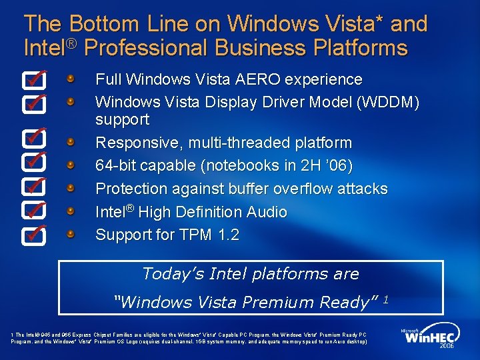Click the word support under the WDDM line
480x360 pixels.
click(x=123, y=120)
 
